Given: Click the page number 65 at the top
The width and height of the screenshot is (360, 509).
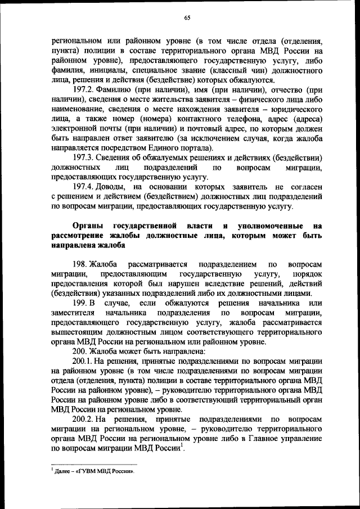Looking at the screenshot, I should [187, 18].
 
